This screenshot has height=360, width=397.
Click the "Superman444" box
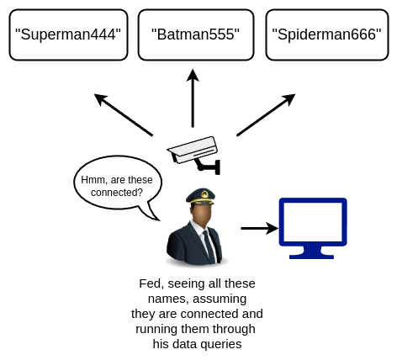coord(68,34)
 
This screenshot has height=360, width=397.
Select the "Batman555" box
coord(196,34)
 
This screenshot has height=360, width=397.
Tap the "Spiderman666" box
coord(327,34)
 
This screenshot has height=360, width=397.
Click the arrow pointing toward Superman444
coord(124,115)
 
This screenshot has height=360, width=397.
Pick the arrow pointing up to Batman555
coord(193,98)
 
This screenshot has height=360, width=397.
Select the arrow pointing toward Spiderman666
coord(266,115)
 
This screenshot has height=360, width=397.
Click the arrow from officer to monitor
coord(259,228)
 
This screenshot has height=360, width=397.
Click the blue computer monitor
coord(313,228)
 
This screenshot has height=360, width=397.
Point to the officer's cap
coord(200,196)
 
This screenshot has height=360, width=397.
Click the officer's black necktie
coord(209,246)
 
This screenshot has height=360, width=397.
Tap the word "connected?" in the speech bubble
coord(117,193)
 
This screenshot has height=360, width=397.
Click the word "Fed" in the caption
coord(151,283)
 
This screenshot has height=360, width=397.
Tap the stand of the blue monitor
coord(311,252)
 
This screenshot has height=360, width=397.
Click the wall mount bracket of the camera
coord(209,167)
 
